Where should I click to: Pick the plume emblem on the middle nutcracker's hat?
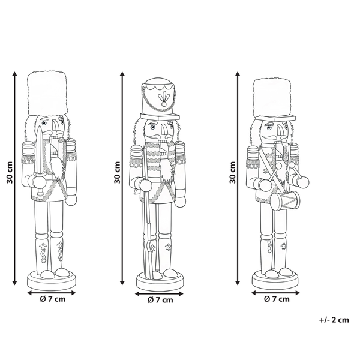[x=163, y=100]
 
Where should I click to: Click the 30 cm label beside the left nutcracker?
[x=10, y=173]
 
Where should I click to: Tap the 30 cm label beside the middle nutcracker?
[x=117, y=173]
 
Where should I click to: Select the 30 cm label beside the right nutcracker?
[x=233, y=173]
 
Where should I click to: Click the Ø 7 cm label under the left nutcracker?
[x=53, y=299]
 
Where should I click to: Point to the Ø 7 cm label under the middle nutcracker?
[x=160, y=300]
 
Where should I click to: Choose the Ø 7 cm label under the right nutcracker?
[x=277, y=299]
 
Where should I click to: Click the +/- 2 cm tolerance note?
[x=334, y=320]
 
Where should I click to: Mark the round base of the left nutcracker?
[x=52, y=280]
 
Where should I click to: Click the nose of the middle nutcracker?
[x=164, y=130]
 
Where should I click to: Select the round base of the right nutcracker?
[x=276, y=280]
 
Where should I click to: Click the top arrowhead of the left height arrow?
[x=15, y=73]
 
